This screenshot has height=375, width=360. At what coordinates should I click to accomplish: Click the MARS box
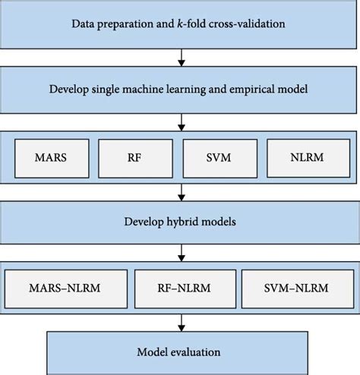[x=51, y=158]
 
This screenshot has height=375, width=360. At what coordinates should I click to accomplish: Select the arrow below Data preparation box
[x=180, y=56]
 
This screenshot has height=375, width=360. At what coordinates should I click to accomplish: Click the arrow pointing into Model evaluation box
[x=180, y=322]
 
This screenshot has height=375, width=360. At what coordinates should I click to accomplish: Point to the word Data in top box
[x=85, y=24]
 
